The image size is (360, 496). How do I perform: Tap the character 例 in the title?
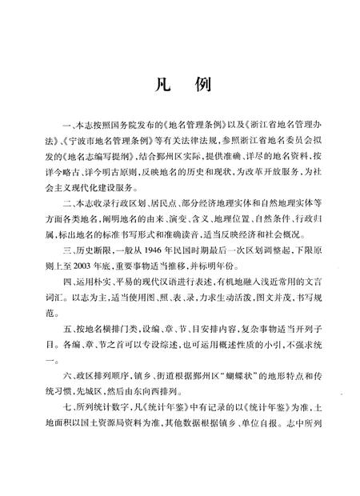(202, 83)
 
